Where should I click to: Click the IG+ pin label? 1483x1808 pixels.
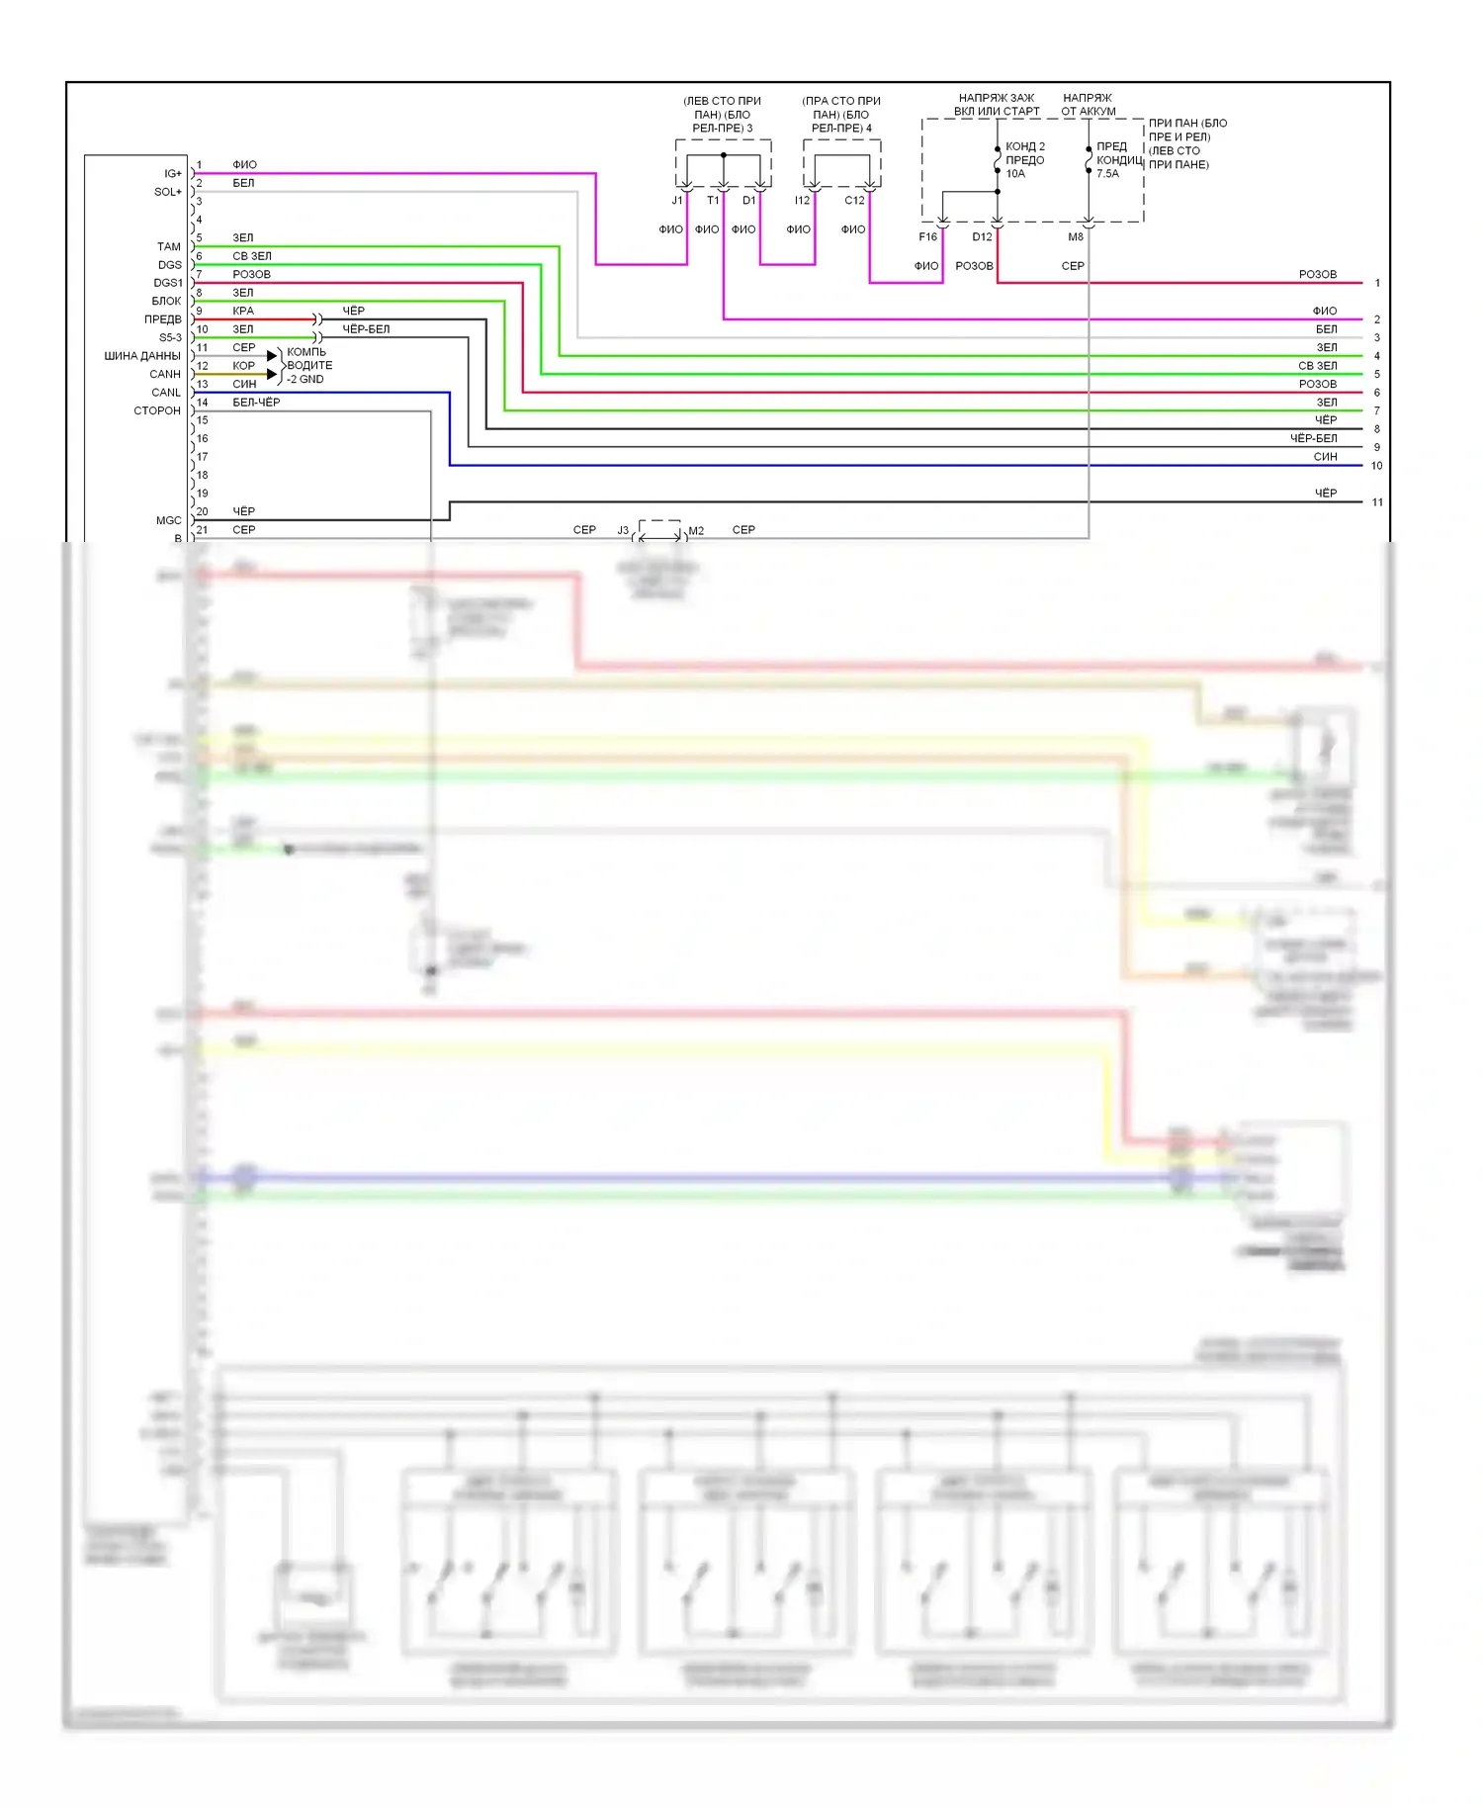click(173, 174)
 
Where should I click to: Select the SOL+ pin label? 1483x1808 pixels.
click(168, 192)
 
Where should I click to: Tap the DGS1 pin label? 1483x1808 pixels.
click(168, 283)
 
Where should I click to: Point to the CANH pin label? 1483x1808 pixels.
click(165, 374)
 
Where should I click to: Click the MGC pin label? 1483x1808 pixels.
click(168, 520)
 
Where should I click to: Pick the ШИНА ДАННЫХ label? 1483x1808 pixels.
click(142, 356)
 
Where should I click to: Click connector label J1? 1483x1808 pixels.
click(677, 201)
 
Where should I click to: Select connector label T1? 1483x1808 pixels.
click(713, 201)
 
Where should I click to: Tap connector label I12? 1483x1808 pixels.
click(802, 201)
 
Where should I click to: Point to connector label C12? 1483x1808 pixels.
click(854, 201)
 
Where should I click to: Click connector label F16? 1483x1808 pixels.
click(927, 237)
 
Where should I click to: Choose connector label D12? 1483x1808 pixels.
click(982, 237)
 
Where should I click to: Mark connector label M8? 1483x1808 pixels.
click(1076, 237)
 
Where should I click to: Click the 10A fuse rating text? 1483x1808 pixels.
click(1015, 174)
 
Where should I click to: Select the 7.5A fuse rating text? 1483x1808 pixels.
click(1107, 174)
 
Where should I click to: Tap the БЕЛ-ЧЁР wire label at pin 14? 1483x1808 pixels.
click(256, 403)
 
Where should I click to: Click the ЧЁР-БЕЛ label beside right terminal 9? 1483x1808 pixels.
click(1313, 438)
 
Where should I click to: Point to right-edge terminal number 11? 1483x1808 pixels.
click(1377, 502)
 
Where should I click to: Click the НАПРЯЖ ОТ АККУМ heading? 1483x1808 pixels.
click(1088, 105)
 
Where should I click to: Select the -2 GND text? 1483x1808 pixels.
click(305, 380)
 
